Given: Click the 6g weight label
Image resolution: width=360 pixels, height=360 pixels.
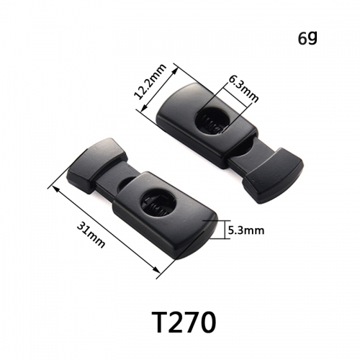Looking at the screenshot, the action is pyautogui.click(x=307, y=38).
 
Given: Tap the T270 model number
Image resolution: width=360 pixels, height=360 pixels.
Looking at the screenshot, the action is pyautogui.click(x=184, y=323).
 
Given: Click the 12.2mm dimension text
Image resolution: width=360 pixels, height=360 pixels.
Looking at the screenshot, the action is pyautogui.click(x=150, y=81).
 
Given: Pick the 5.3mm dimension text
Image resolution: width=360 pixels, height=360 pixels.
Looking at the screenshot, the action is pyautogui.click(x=246, y=230).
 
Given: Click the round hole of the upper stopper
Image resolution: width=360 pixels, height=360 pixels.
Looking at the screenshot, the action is pyautogui.click(x=212, y=121).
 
